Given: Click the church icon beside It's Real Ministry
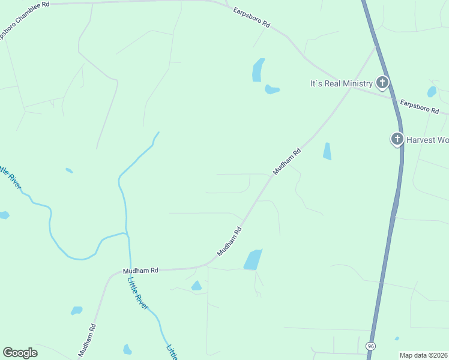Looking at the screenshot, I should click(382, 83).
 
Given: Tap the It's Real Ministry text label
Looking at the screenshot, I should click(341, 83).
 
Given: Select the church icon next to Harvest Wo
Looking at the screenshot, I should click(397, 139).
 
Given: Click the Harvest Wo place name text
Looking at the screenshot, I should click(427, 140).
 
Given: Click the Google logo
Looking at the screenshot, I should click(20, 353).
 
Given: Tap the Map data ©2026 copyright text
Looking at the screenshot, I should click(424, 355).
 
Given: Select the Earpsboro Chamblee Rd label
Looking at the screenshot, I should click(25, 20).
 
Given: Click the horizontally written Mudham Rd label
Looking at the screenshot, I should click(140, 271).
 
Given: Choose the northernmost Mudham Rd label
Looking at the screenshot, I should click(286, 162).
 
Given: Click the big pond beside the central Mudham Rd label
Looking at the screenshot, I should click(253, 260).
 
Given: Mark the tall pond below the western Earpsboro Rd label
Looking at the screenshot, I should click(258, 70).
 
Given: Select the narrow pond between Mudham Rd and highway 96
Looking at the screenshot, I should click(327, 151).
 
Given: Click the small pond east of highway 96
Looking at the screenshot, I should click(432, 92).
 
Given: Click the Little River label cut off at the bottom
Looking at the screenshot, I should click(172, 352).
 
